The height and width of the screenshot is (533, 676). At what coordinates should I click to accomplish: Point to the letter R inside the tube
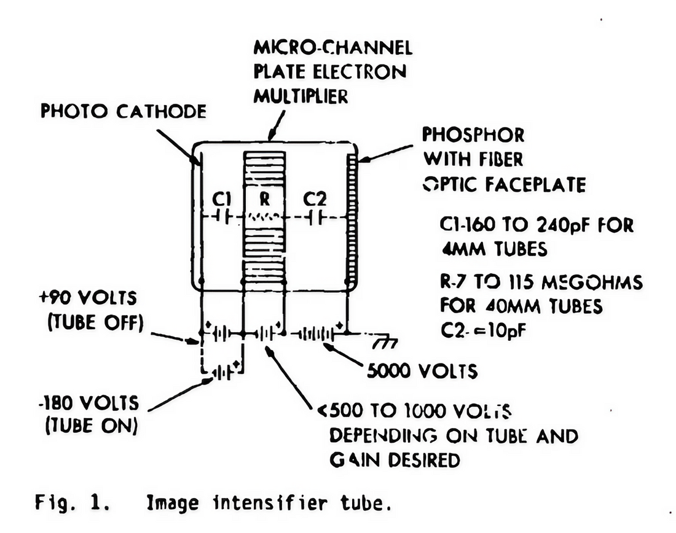[264, 199]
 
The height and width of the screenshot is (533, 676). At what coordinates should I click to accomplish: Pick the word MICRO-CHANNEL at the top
[332, 47]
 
